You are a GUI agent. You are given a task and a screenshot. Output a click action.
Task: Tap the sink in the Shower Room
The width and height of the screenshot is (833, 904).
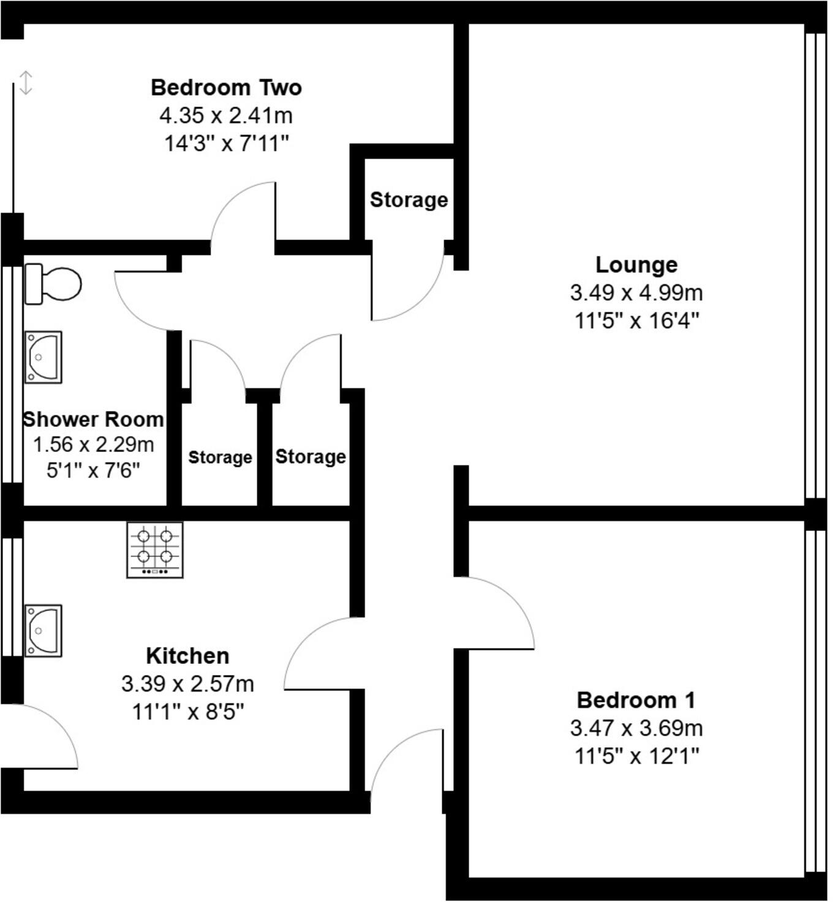click(43, 357)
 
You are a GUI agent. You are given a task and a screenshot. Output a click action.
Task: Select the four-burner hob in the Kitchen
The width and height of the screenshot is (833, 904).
click(155, 549)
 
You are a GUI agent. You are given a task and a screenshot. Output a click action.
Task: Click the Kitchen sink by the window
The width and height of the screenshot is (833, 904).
click(43, 631)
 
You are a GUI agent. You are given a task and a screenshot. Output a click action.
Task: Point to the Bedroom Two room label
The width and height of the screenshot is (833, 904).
click(226, 88)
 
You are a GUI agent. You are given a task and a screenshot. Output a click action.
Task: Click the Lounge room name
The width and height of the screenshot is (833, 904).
click(636, 265)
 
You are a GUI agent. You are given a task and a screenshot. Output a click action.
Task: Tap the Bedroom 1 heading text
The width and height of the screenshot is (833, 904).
click(636, 699)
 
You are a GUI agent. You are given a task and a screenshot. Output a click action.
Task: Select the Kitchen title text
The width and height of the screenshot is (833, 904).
click(187, 656)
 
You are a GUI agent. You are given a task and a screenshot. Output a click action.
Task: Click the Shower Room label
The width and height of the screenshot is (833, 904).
click(93, 420)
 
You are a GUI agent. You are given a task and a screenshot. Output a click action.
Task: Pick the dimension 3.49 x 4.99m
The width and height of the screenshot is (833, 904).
click(636, 293)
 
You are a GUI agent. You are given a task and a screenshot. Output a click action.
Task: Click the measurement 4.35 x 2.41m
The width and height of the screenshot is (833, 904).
click(226, 115)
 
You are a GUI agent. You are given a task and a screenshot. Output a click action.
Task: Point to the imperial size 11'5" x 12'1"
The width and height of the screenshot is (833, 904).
click(636, 756)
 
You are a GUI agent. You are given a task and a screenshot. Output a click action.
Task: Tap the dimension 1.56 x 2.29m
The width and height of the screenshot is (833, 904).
click(93, 445)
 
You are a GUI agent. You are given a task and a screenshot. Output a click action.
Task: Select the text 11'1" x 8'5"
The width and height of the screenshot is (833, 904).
click(187, 712)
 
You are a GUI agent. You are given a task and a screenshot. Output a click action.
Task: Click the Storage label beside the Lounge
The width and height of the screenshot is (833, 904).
click(409, 200)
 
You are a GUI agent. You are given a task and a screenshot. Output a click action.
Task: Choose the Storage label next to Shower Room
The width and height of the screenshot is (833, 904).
click(220, 458)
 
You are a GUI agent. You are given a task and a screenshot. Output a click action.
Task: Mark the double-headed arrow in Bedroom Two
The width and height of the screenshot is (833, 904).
click(25, 83)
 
